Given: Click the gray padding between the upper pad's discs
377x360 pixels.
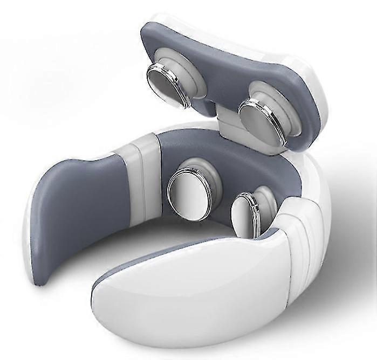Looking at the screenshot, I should coord(216,81).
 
